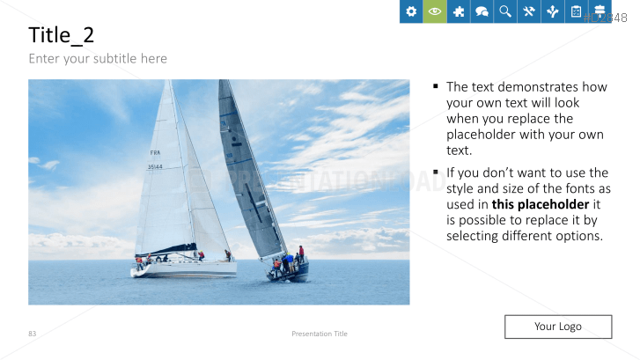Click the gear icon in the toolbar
tap(411, 11)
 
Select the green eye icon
tap(435, 11)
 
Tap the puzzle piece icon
tap(459, 11)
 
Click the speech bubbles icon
tap(482, 11)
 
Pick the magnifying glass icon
tap(505, 11)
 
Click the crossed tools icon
tap(529, 11)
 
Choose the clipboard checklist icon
tap(576, 11)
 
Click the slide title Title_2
tap(62, 35)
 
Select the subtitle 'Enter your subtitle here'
tap(98, 59)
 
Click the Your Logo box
tap(557, 327)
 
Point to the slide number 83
tap(33, 334)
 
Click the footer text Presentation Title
tap(320, 334)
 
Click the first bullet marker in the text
tap(436, 87)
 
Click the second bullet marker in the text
tap(436, 173)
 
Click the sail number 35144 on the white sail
tap(155, 166)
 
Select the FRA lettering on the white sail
tap(155, 152)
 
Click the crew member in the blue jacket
tap(285, 261)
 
